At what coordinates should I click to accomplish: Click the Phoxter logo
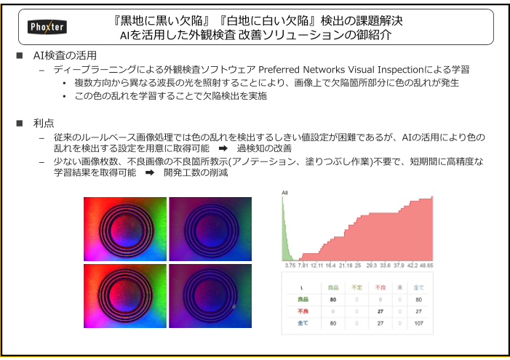pyautogui.click(x=47, y=26)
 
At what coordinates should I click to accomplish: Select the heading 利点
pyautogui.click(x=44, y=123)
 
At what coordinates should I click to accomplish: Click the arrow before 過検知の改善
pyautogui.click(x=223, y=148)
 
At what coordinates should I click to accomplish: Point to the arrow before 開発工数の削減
pyautogui.click(x=149, y=173)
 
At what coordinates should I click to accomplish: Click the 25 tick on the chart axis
pyautogui.click(x=358, y=265)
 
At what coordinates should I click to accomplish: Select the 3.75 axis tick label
pyautogui.click(x=290, y=265)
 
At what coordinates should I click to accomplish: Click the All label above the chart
pyautogui.click(x=284, y=193)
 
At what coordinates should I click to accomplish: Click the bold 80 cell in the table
pyautogui.click(x=332, y=299)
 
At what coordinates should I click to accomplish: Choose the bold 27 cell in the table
pyautogui.click(x=378, y=311)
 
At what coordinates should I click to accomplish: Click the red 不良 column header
pyautogui.click(x=378, y=287)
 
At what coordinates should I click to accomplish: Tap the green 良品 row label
pyautogui.click(x=302, y=299)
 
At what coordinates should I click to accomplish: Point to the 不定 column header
pyautogui.click(x=356, y=287)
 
